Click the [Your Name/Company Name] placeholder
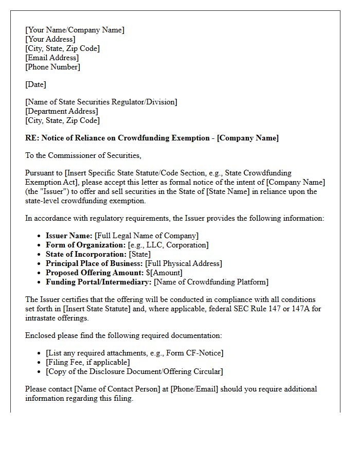pos(75,30)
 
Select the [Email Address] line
pos(52,58)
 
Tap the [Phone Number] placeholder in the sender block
pos(52,67)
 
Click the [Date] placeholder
pos(35,84)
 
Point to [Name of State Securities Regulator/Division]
pos(101,102)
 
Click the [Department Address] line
pos(62,111)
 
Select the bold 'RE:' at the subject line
pos(32,138)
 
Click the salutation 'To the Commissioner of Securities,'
pos(83,155)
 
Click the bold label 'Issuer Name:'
pos(69,236)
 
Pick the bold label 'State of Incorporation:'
pos(86,254)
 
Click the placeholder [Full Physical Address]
pos(184,263)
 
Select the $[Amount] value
pos(164,273)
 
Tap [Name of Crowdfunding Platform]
pos(211,282)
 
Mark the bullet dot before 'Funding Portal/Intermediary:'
pos(41,282)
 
